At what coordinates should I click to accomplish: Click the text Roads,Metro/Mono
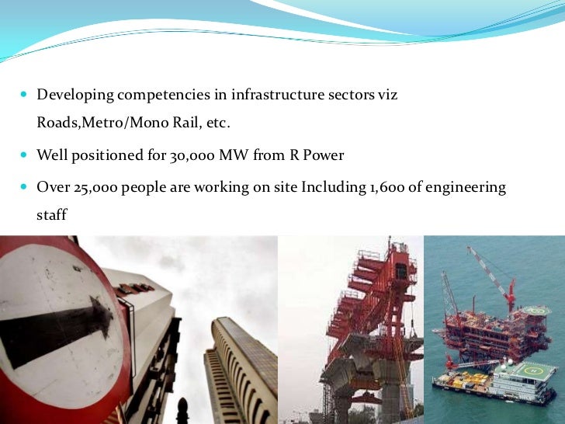coord(93,124)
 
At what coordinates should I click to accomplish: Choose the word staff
coord(52,215)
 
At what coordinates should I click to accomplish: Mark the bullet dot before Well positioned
coord(23,156)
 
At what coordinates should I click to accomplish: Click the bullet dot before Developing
coord(23,95)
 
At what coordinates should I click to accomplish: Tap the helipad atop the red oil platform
coord(536,311)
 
